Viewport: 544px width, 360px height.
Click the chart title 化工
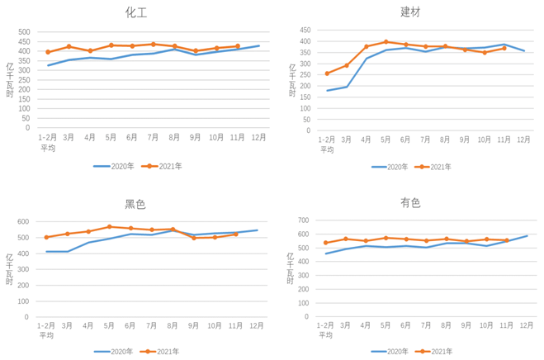click(136, 13)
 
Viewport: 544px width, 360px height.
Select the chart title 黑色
click(135, 204)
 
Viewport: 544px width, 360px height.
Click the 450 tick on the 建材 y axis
click(305, 30)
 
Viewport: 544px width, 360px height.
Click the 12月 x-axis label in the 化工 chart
click(259, 137)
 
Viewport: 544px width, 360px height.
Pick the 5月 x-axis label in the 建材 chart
click(386, 139)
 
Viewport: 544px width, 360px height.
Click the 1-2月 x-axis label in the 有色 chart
click(327, 325)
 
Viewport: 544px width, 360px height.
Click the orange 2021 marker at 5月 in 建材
click(386, 41)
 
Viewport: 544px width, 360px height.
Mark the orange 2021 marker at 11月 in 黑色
click(236, 234)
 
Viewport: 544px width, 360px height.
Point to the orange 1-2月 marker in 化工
click(48, 52)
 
